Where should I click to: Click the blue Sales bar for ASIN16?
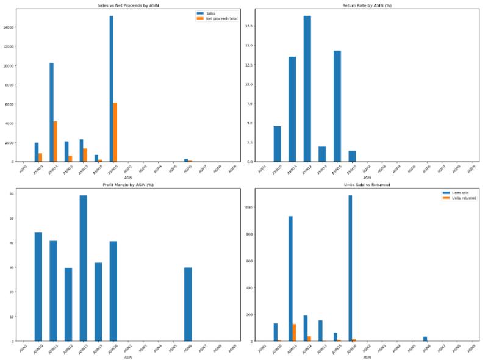coord(111,88)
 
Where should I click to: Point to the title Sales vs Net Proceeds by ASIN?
coord(127,5)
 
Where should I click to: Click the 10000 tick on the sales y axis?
coord(13,66)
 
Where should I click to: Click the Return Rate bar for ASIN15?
coord(337,106)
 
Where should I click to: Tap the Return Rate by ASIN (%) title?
coord(367,5)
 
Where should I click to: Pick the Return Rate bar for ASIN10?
coord(278,144)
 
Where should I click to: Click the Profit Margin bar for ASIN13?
coord(82,268)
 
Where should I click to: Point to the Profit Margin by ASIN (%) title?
coord(127,184)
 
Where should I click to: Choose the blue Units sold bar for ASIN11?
coord(290,278)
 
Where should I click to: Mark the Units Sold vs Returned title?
coord(367,184)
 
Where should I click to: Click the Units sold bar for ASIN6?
coord(425,339)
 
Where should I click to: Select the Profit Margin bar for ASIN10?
coord(38,287)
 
